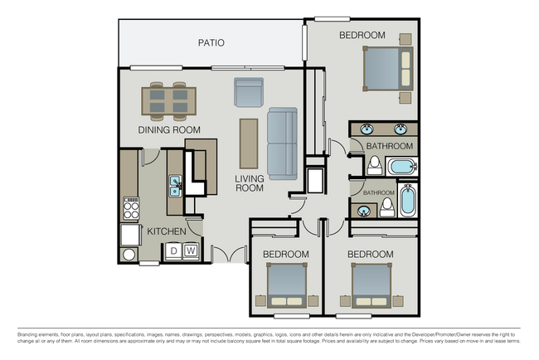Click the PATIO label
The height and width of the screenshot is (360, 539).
click(211, 42)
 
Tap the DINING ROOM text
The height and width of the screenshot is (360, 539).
click(169, 130)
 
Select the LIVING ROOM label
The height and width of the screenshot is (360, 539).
click(249, 183)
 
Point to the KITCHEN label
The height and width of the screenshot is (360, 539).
click(167, 231)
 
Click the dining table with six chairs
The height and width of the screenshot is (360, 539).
click(169, 100)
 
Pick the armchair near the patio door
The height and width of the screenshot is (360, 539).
click(248, 92)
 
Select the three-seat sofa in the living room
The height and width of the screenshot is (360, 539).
click(281, 144)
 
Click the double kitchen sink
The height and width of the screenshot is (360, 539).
click(175, 186)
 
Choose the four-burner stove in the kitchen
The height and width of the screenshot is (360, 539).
click(130, 207)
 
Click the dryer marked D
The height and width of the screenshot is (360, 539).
click(175, 250)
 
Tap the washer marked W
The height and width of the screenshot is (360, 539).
click(190, 250)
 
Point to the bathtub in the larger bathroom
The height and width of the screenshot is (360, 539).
click(402, 166)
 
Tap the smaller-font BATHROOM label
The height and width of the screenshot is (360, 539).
click(379, 193)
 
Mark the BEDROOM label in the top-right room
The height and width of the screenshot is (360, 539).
click(362, 35)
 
